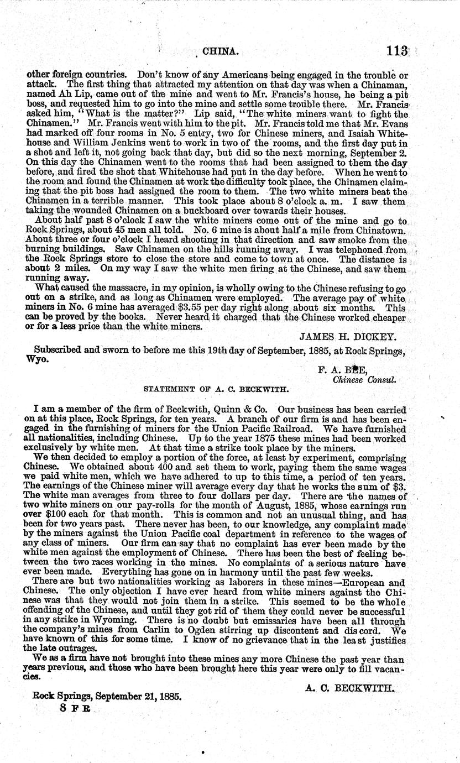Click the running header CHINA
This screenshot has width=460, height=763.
click(221, 52)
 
